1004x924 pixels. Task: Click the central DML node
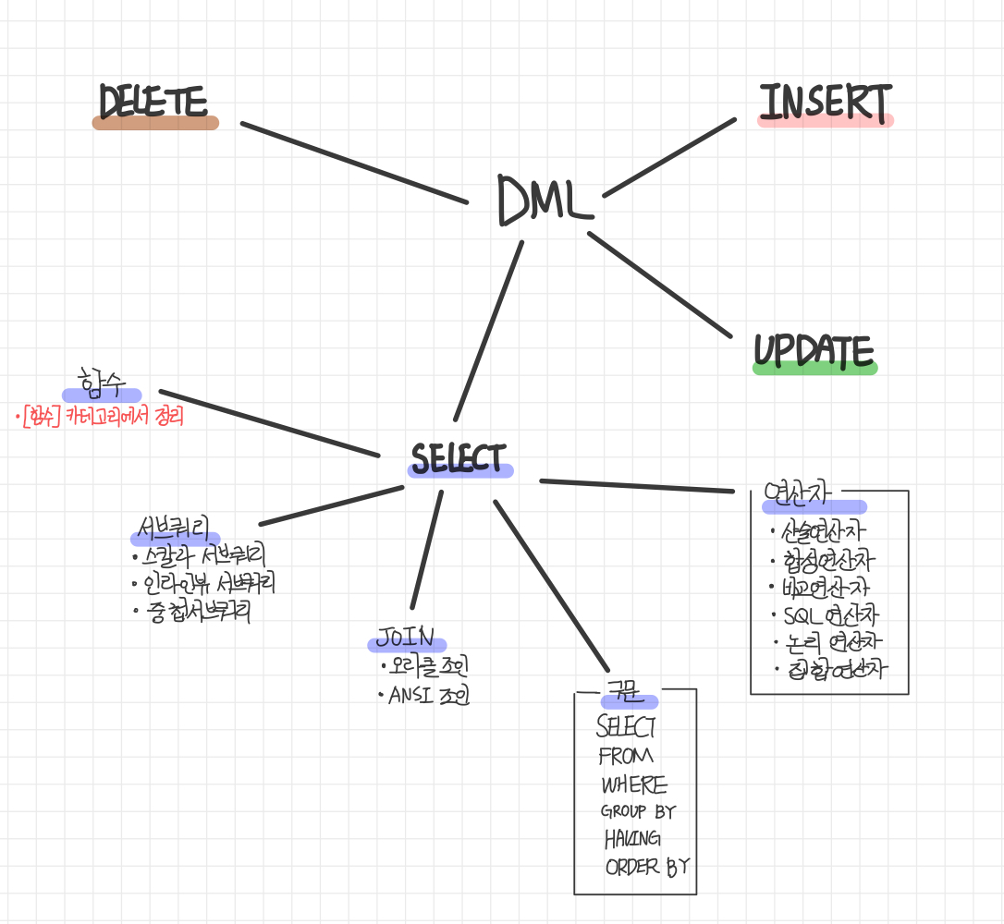pyautogui.click(x=545, y=200)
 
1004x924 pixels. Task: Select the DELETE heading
pyautogui.click(x=153, y=103)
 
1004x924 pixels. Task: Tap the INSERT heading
pyautogui.click(x=825, y=103)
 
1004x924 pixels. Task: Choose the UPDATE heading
pyautogui.click(x=814, y=351)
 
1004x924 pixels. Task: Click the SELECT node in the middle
pyautogui.click(x=459, y=459)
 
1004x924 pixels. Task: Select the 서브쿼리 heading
pyautogui.click(x=175, y=529)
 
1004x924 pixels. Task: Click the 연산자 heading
pyautogui.click(x=801, y=495)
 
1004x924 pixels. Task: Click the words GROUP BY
pyautogui.click(x=638, y=812)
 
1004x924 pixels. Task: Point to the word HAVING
pyautogui.click(x=632, y=839)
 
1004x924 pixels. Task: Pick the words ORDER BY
pyautogui.click(x=646, y=867)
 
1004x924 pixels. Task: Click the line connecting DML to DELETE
pyautogui.click(x=354, y=163)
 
